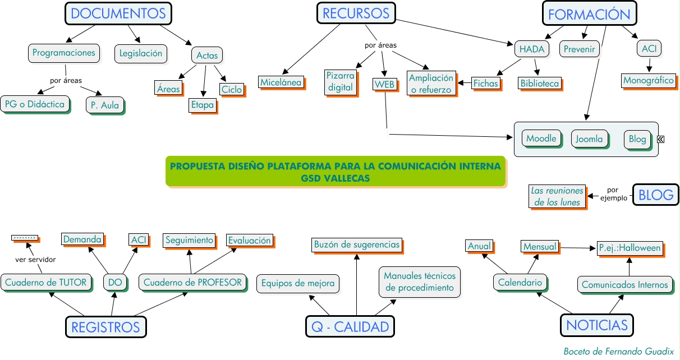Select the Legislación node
(141, 53)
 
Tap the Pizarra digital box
(341, 81)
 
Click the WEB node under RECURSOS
(385, 84)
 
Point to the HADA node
(531, 49)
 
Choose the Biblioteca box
(540, 84)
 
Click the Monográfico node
(648, 80)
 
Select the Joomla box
(590, 139)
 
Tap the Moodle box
(541, 138)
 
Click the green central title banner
(335, 171)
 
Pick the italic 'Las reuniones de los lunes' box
(557, 196)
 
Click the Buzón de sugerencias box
(357, 244)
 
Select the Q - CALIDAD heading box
(350, 327)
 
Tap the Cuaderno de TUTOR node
(46, 282)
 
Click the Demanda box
(82, 239)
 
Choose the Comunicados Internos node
(625, 284)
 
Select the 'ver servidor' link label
(35, 259)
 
